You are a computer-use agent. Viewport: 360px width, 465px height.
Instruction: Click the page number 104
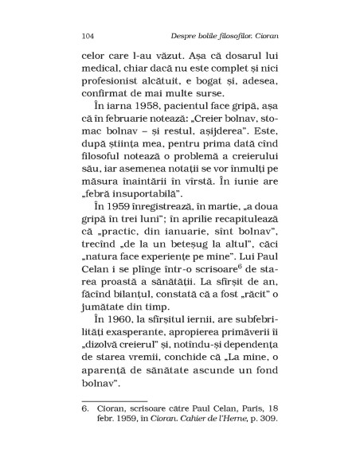90,35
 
